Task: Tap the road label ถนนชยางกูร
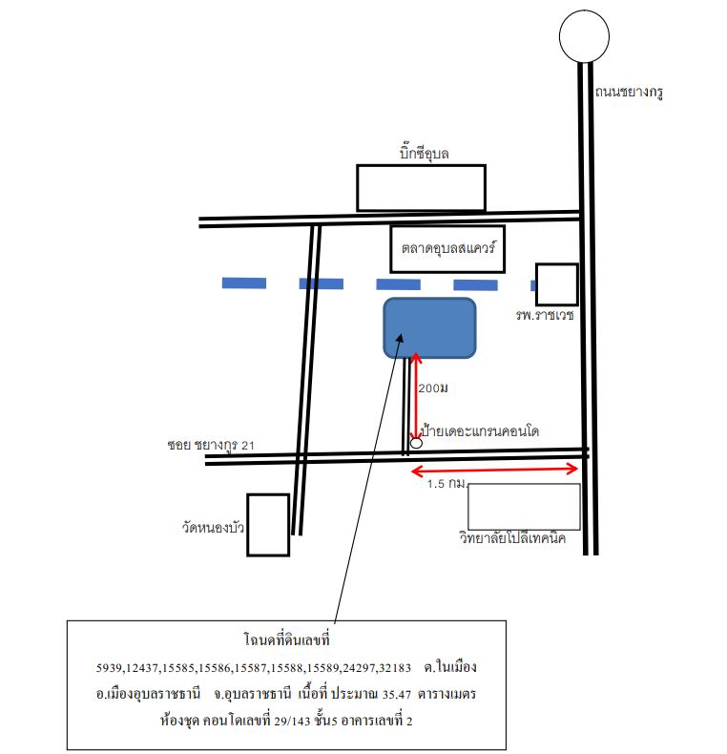pyautogui.click(x=629, y=92)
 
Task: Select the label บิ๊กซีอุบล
pyautogui.click(x=424, y=154)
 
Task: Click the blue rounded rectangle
pyautogui.click(x=430, y=328)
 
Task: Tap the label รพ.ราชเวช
pyautogui.click(x=544, y=315)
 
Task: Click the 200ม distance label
pyautogui.click(x=433, y=388)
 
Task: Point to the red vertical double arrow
pyautogui.click(x=416, y=397)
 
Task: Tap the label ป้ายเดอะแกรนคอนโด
pyautogui.click(x=480, y=430)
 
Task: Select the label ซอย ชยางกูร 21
pyautogui.click(x=211, y=445)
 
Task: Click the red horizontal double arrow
pyautogui.click(x=494, y=470)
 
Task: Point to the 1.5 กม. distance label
pyautogui.click(x=447, y=483)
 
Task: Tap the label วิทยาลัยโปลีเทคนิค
pyautogui.click(x=512, y=537)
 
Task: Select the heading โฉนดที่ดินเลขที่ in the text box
pyautogui.click(x=287, y=640)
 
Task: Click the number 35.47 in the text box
pyautogui.click(x=397, y=695)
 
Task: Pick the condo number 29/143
pyautogui.click(x=292, y=722)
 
